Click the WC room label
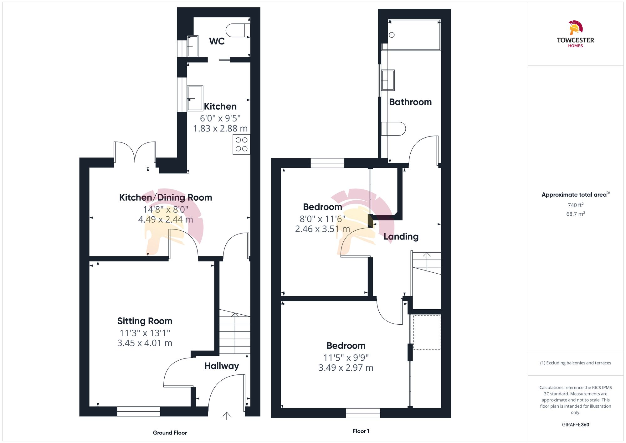tap(217, 41)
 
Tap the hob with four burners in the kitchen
tap(241, 144)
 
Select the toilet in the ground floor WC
tap(238, 30)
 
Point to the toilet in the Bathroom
tap(393, 129)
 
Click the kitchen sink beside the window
tap(195, 98)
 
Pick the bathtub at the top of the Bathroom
tap(414, 35)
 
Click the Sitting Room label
tap(145, 321)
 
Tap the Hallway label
tap(222, 366)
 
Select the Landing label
tap(401, 236)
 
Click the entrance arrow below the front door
tap(226, 415)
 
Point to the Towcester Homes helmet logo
tap(575, 28)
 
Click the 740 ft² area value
tap(575, 205)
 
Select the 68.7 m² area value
tap(575, 214)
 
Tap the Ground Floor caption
tap(170, 433)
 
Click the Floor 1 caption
tap(361, 431)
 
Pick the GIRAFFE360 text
tap(575, 425)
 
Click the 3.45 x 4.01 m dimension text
tap(145, 343)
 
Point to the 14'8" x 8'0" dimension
tap(166, 209)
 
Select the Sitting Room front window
tap(138, 411)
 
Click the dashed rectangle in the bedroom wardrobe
tap(427, 332)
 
